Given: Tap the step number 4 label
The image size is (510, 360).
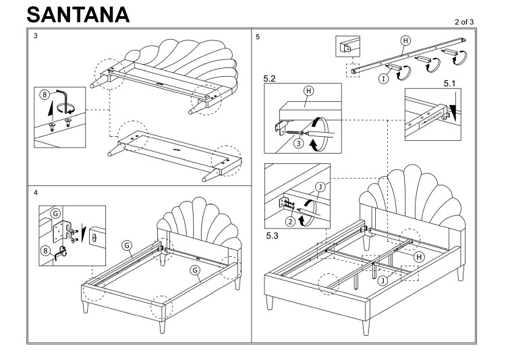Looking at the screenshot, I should coord(35,193).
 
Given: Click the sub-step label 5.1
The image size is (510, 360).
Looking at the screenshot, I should coord(451,84).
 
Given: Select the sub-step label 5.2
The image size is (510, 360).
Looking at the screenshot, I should coord(271,79).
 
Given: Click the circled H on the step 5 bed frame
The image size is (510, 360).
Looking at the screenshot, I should coord(418,257).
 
